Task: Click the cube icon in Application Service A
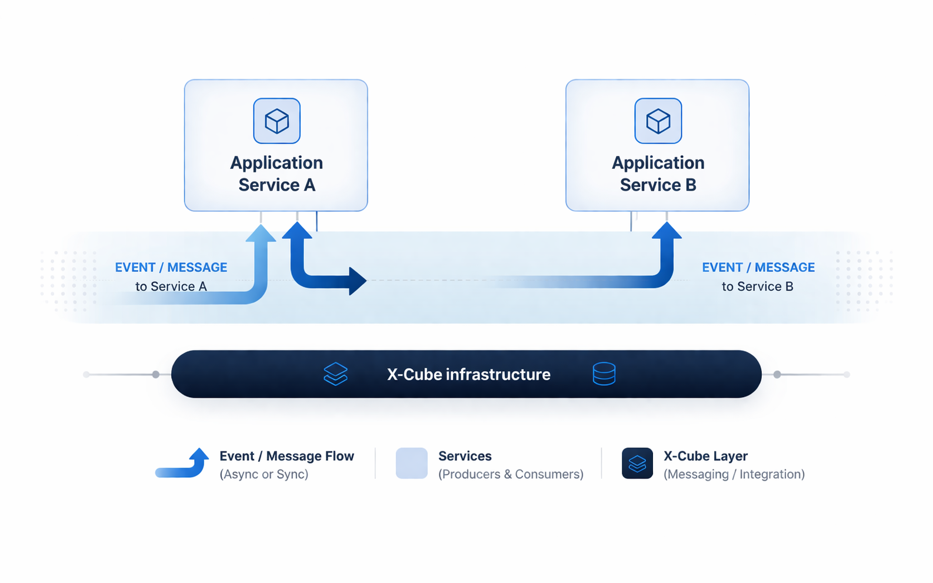tap(276, 121)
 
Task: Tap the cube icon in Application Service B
tap(658, 121)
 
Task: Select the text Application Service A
tap(276, 174)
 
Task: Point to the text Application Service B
tap(658, 174)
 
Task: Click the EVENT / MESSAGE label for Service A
tap(171, 268)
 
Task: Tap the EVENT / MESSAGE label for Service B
tap(758, 268)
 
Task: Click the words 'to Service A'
tap(171, 286)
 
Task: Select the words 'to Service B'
tap(757, 286)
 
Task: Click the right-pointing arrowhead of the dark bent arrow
tap(356, 281)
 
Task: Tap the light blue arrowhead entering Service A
tap(261, 234)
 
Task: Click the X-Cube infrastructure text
tap(468, 375)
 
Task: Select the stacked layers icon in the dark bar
tap(335, 374)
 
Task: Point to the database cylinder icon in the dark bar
tap(604, 374)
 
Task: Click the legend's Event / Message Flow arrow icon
tap(183, 464)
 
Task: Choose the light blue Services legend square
tap(411, 464)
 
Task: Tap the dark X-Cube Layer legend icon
tap(637, 464)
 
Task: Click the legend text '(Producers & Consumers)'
tap(511, 474)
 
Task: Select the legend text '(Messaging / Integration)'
tap(734, 474)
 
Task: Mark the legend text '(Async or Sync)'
tap(264, 474)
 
